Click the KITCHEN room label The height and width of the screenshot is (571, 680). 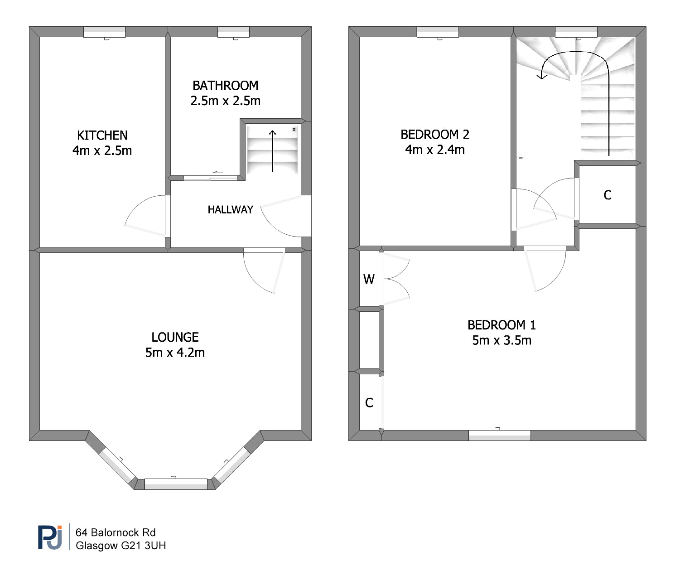[102, 135]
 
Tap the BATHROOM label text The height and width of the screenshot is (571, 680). [225, 86]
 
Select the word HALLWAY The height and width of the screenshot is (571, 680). [231, 209]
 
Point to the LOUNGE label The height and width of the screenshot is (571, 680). [175, 337]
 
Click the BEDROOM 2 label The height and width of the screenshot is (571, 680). [435, 135]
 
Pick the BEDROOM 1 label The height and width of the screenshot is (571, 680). [502, 325]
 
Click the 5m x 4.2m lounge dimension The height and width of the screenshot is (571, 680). [175, 353]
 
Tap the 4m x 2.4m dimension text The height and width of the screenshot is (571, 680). [435, 150]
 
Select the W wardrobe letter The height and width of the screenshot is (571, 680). [369, 279]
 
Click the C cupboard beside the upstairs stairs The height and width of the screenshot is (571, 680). [608, 195]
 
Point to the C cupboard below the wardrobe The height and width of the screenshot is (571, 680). [369, 403]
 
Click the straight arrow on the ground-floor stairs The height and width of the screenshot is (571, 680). [273, 151]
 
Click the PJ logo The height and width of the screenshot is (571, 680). [50, 537]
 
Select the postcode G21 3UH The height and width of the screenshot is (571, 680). [144, 545]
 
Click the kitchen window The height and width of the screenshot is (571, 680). [105, 32]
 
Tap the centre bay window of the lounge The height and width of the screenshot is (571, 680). [176, 484]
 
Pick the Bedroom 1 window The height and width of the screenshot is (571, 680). [500, 436]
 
